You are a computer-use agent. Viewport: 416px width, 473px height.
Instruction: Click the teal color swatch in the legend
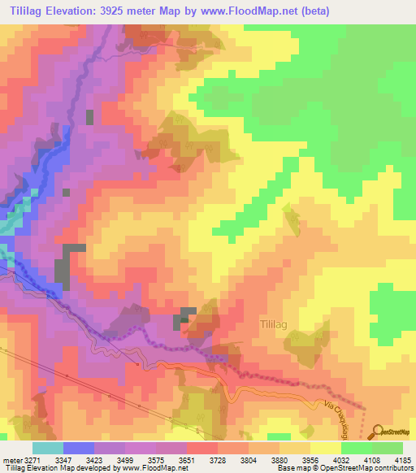coord(47,448)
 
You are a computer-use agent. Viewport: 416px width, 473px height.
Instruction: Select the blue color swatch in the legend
coord(78,448)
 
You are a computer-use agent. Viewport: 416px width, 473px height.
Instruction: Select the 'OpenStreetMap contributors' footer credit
coord(366,469)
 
